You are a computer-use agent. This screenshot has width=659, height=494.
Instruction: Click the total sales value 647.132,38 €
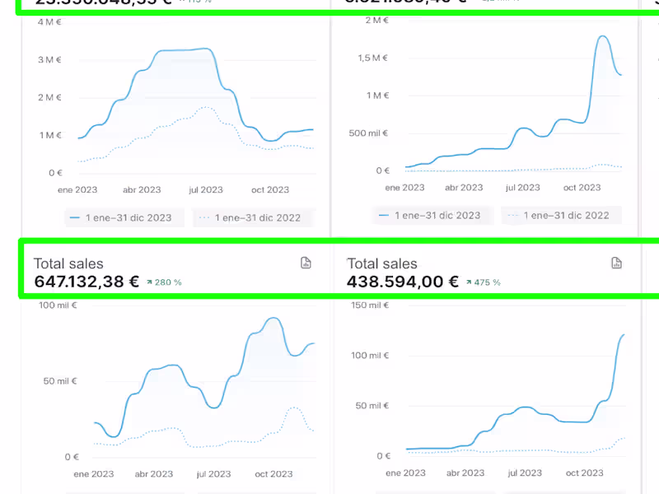click(x=86, y=282)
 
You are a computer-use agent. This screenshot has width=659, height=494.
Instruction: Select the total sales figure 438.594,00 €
click(x=403, y=282)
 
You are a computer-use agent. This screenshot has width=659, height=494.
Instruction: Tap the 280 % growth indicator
click(x=164, y=282)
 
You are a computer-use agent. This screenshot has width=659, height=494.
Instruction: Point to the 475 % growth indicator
click(x=483, y=282)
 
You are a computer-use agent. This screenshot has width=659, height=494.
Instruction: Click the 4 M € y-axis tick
click(x=50, y=21)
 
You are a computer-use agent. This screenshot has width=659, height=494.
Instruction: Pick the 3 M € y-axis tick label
click(x=50, y=59)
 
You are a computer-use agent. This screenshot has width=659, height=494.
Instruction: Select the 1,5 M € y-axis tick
click(x=372, y=58)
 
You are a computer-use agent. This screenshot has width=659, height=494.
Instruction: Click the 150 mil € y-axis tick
click(x=369, y=305)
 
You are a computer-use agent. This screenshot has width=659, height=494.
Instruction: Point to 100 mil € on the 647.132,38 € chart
click(x=57, y=305)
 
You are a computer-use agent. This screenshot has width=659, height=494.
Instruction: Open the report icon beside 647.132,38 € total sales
click(x=306, y=263)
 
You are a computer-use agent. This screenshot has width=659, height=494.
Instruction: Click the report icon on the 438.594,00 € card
click(x=615, y=263)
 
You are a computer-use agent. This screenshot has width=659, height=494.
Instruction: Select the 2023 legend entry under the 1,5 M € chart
click(x=429, y=216)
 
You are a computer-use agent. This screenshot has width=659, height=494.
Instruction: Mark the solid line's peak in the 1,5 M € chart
click(x=603, y=36)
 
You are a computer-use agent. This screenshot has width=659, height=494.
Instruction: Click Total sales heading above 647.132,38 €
click(x=68, y=263)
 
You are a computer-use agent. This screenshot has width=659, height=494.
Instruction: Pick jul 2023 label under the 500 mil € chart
click(x=524, y=188)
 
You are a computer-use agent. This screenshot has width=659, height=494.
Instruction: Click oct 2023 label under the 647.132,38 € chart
click(x=273, y=473)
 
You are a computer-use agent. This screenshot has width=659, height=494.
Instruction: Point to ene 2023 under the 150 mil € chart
click(x=404, y=473)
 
